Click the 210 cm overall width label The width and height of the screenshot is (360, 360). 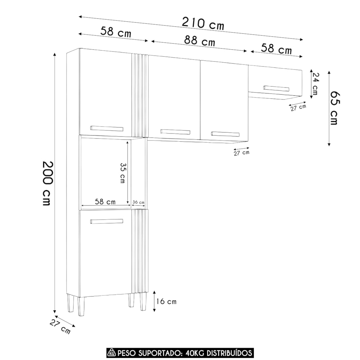click(x=203, y=24)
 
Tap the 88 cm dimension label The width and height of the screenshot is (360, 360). click(x=199, y=41)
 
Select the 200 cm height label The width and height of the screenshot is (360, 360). click(x=48, y=183)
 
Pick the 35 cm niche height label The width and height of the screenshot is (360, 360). click(x=123, y=173)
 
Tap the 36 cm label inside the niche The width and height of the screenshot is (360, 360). click(x=139, y=202)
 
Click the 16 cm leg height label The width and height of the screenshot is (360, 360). click(x=166, y=301)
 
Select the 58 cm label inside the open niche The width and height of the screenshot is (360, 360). click(x=105, y=202)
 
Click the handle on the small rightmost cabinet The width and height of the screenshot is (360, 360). click(x=276, y=89)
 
